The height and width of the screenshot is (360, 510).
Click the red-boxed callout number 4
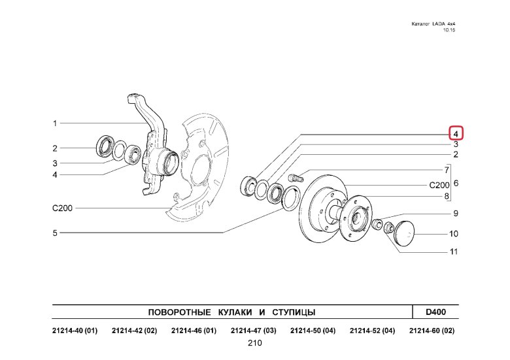tap(456, 133)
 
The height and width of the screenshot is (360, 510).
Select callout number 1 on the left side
tap(56, 123)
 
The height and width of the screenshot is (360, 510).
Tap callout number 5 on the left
tap(56, 233)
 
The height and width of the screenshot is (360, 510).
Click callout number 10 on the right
tap(453, 234)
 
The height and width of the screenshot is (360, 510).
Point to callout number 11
tap(453, 252)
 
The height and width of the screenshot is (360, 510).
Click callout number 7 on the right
tap(447, 169)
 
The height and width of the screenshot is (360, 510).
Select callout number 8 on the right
tap(447, 197)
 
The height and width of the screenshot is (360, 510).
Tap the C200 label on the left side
tap(62, 208)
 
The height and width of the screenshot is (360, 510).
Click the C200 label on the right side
tap(439, 185)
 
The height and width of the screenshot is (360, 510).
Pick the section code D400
tap(435, 312)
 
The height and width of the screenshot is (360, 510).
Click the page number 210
tap(255, 344)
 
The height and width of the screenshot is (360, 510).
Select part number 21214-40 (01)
tap(75, 331)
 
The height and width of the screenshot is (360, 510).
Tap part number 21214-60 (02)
tap(432, 331)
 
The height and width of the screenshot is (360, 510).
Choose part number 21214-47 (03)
tap(253, 331)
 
